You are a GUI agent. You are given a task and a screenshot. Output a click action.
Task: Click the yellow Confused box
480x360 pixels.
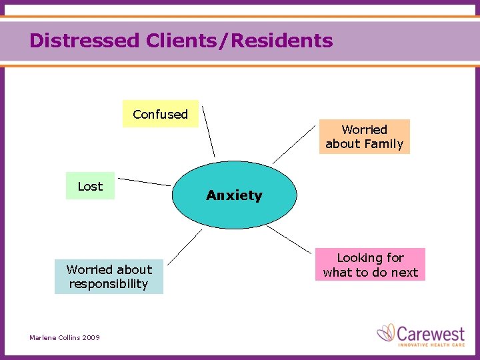coord(160,114)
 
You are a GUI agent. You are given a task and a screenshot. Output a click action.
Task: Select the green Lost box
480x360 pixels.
coord(90,186)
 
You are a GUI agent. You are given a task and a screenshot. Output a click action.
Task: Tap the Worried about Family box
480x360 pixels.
coord(364,137)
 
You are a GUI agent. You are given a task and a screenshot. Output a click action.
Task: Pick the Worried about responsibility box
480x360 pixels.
coord(109,277)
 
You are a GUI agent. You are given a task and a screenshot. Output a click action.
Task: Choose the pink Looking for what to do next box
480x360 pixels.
coord(370,265)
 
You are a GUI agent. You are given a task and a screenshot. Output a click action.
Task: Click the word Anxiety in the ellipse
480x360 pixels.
coord(234,195)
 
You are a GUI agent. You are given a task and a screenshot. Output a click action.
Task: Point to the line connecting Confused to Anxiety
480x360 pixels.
coord(209,131)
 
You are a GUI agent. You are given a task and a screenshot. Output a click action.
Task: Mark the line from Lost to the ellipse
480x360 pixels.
coord(145,181)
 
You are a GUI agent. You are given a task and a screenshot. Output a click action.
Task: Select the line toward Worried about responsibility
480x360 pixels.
coord(185,247)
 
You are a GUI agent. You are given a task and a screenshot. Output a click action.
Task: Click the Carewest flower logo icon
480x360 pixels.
coord(386,333)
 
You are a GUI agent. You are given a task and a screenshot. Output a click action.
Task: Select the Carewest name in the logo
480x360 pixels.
coord(432,332)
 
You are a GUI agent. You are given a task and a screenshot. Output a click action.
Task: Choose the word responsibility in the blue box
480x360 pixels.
coord(109,284)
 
